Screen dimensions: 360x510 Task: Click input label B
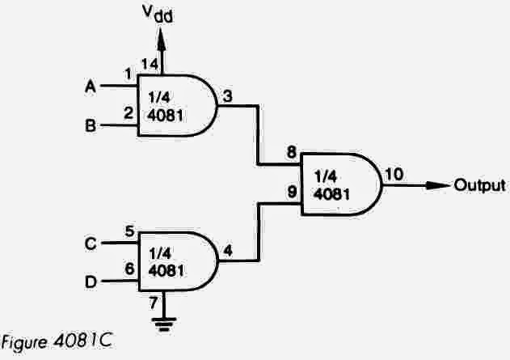91,126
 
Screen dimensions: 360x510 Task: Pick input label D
91,282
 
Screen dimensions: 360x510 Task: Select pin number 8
290,151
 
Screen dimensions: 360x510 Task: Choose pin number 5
129,231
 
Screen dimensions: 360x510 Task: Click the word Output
478,185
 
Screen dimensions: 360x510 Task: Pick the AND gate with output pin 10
339,185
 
